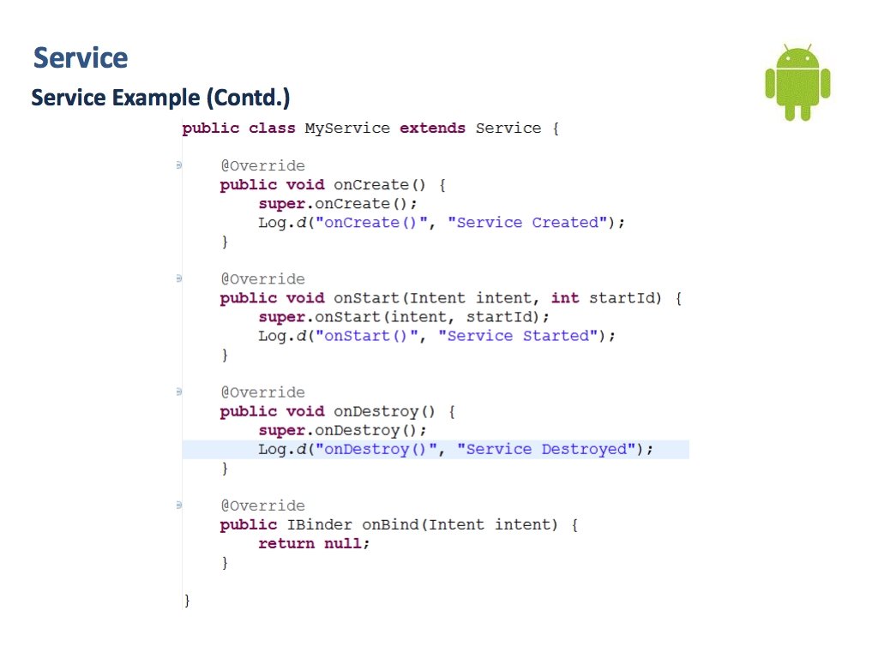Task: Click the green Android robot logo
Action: click(797, 82)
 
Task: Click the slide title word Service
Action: click(81, 58)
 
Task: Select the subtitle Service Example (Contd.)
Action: click(160, 98)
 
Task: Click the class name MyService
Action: click(346, 129)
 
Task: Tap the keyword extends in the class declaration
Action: click(432, 129)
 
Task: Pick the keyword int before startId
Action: click(565, 298)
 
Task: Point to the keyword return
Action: click(286, 543)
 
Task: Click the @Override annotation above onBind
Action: click(262, 505)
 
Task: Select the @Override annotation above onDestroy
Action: click(262, 392)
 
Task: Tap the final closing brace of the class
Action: click(187, 600)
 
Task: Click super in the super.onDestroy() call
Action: click(281, 430)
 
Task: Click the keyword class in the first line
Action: click(272, 129)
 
